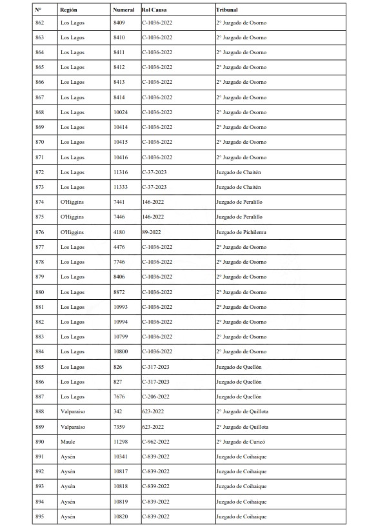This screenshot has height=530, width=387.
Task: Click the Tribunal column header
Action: pyautogui.click(x=226, y=10)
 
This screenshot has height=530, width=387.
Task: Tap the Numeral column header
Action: pyautogui.click(x=123, y=10)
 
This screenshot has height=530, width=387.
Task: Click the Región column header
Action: pyautogui.click(x=68, y=10)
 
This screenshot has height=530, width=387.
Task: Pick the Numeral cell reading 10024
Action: pyautogui.click(x=120, y=112)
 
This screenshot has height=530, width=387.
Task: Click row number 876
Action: pyautogui.click(x=40, y=232)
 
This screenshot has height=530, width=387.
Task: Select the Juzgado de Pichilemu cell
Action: pyautogui.click(x=241, y=232)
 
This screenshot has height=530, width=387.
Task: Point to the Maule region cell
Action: pyautogui.click(x=68, y=442)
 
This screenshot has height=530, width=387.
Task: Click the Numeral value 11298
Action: pyautogui.click(x=120, y=442)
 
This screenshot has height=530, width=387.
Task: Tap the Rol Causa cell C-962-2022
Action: pyautogui.click(x=157, y=442)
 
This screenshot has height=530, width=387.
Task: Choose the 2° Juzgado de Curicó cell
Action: pyautogui.click(x=241, y=442)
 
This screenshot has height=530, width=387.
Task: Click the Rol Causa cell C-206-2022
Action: pyautogui.click(x=157, y=397)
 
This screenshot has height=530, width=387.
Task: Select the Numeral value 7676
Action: pyautogui.click(x=119, y=397)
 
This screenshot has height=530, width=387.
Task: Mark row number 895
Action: pyautogui.click(x=40, y=516)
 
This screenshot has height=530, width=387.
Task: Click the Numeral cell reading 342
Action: pyautogui.click(x=117, y=411)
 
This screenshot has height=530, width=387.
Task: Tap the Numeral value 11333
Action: pyautogui.click(x=120, y=187)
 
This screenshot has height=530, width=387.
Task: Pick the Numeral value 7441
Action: pyautogui.click(x=119, y=202)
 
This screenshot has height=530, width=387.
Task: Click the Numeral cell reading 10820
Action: pyautogui.click(x=120, y=516)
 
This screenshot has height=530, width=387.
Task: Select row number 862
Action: pyautogui.click(x=40, y=23)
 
